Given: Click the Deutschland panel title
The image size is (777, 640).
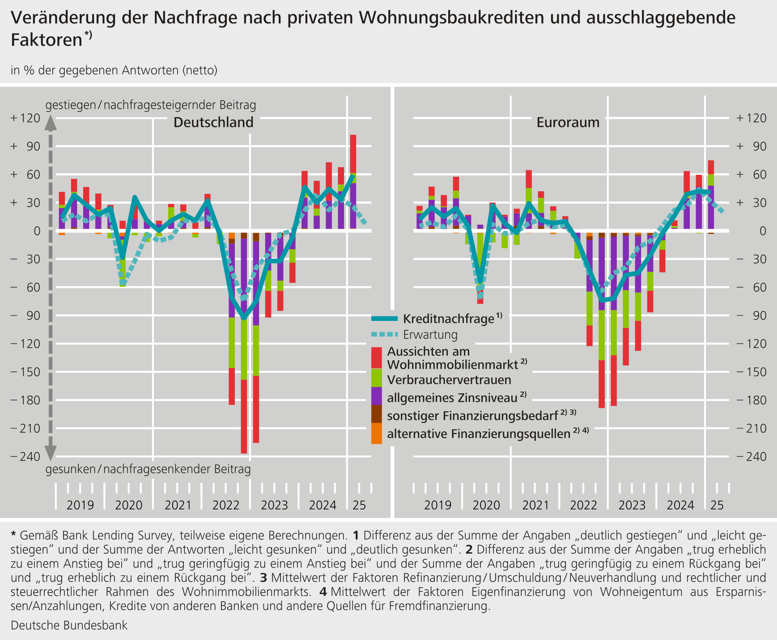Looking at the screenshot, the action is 213,122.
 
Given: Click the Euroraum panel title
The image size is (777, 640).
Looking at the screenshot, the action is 568,122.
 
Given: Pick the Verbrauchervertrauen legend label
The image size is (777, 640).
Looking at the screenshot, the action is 449,380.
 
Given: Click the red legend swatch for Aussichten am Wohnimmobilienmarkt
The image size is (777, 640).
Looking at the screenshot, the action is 377,358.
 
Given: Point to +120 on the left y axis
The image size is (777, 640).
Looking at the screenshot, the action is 25,118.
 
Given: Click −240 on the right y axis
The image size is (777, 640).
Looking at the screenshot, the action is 752,457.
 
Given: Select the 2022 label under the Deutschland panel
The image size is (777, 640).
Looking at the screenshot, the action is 226,505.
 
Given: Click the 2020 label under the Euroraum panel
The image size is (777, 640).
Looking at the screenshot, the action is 486,505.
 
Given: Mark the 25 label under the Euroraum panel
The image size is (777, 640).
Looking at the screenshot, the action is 717,505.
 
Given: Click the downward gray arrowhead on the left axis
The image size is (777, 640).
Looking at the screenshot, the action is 51,453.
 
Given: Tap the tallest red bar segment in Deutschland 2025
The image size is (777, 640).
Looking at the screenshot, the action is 353,154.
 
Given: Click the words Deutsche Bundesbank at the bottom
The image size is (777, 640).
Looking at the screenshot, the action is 69,625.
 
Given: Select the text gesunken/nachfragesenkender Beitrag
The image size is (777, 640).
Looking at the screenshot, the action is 148,469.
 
